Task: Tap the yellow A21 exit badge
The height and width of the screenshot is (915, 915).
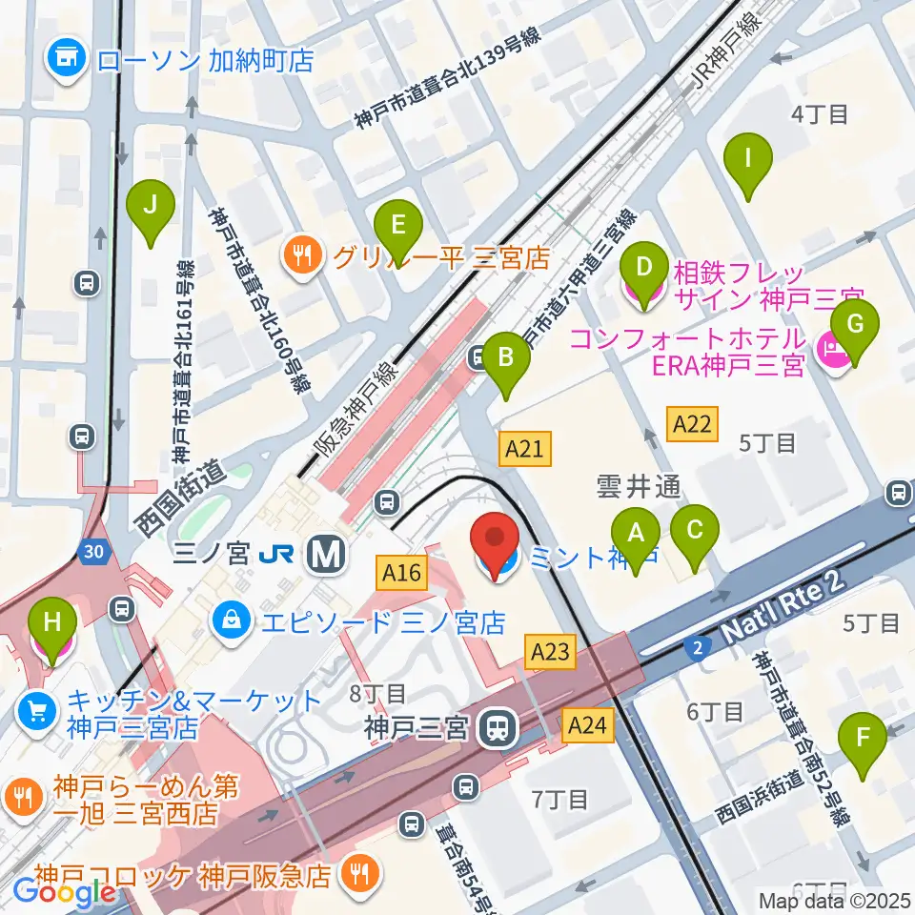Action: click(525, 448)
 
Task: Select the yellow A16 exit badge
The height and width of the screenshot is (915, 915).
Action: click(400, 573)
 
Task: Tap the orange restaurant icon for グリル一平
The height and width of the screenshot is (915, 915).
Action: click(302, 255)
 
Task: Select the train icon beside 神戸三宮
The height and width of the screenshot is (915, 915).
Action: click(497, 730)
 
